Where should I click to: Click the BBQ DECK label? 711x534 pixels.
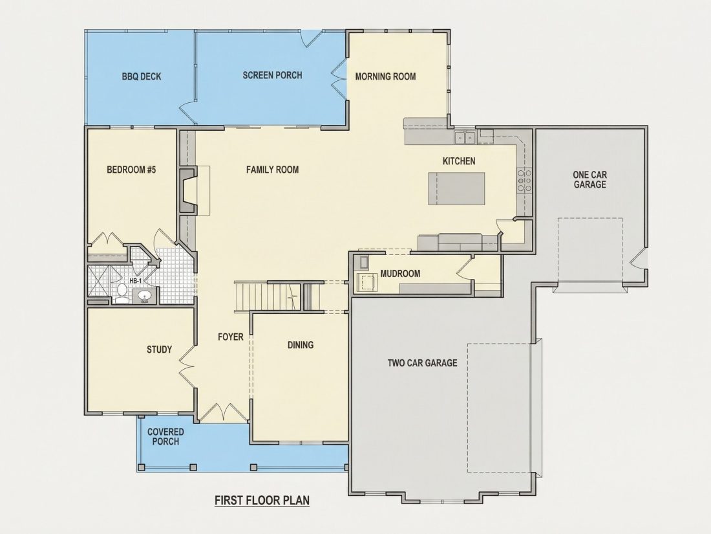coord(142,76)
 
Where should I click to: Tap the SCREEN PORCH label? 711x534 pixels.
coord(272,75)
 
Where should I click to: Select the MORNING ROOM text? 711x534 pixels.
coord(385,76)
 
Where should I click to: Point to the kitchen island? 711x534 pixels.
coord(456,188)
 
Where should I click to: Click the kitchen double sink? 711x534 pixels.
coord(465,137)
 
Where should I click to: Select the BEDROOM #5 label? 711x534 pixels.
coord(131,170)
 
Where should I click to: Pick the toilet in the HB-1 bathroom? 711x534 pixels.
coord(122,293)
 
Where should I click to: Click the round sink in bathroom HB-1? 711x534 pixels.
coord(145,296)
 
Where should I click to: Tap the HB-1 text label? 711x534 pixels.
coord(136,281)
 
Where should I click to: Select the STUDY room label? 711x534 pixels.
coord(159,349)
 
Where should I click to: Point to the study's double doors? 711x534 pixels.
coord(187,366)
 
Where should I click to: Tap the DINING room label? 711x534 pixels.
coord(301,345)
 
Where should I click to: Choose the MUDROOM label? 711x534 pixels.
coord(400,274)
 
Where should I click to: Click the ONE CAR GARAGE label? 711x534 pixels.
coord(589,179)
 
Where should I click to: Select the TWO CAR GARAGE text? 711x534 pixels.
coord(422,363)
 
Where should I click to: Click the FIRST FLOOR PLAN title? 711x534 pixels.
coord(262,500)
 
